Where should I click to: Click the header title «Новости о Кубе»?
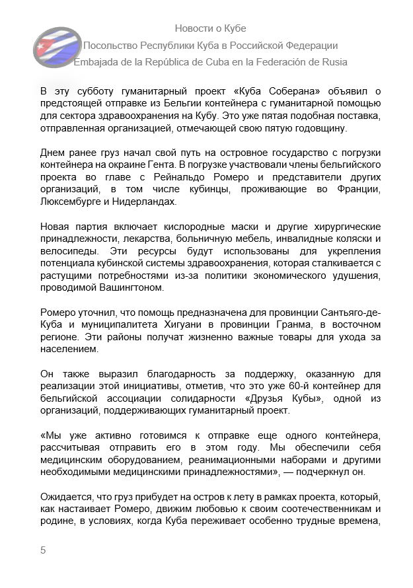coord(210,28)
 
